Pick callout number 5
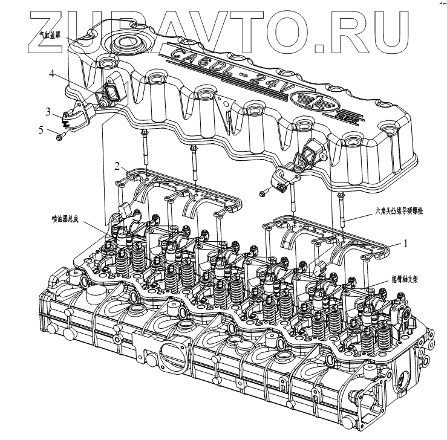(42, 129)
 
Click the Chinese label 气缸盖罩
(51, 35)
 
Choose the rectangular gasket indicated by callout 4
(112, 92)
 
